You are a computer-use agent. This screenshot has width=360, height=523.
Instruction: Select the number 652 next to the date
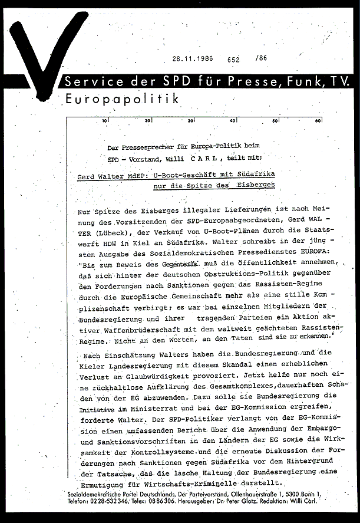[x=233, y=59]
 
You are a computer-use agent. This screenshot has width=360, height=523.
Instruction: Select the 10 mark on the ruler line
[x=104, y=121]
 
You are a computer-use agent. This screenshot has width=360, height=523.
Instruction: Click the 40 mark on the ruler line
[x=233, y=121]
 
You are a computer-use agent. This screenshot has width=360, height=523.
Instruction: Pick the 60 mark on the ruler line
[x=318, y=121]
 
